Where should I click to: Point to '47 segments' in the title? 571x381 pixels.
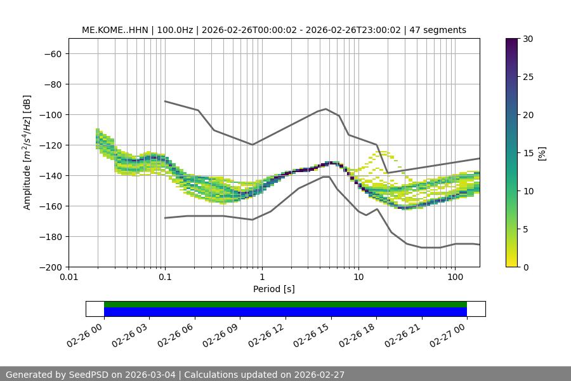pos(438,30)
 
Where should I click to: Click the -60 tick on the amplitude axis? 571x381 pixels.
pos(52,53)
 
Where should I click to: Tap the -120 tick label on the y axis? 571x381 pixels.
pos(49,145)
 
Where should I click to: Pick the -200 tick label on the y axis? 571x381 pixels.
pos(49,267)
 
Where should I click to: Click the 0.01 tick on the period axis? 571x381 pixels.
pos(69,277)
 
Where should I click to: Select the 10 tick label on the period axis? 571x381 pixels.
pos(358,277)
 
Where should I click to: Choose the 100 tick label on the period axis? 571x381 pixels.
pos(455,277)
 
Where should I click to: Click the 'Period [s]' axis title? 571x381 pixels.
pos(274,289)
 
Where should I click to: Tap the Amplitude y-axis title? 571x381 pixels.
pos(27,152)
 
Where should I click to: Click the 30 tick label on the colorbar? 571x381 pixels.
pos(528,39)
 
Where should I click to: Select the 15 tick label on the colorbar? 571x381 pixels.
pos(528,153)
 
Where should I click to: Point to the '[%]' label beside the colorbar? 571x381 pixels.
pos(542,153)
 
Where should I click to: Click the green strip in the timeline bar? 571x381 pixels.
pos(285,304)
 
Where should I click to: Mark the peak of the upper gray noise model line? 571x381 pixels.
pos(326,109)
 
